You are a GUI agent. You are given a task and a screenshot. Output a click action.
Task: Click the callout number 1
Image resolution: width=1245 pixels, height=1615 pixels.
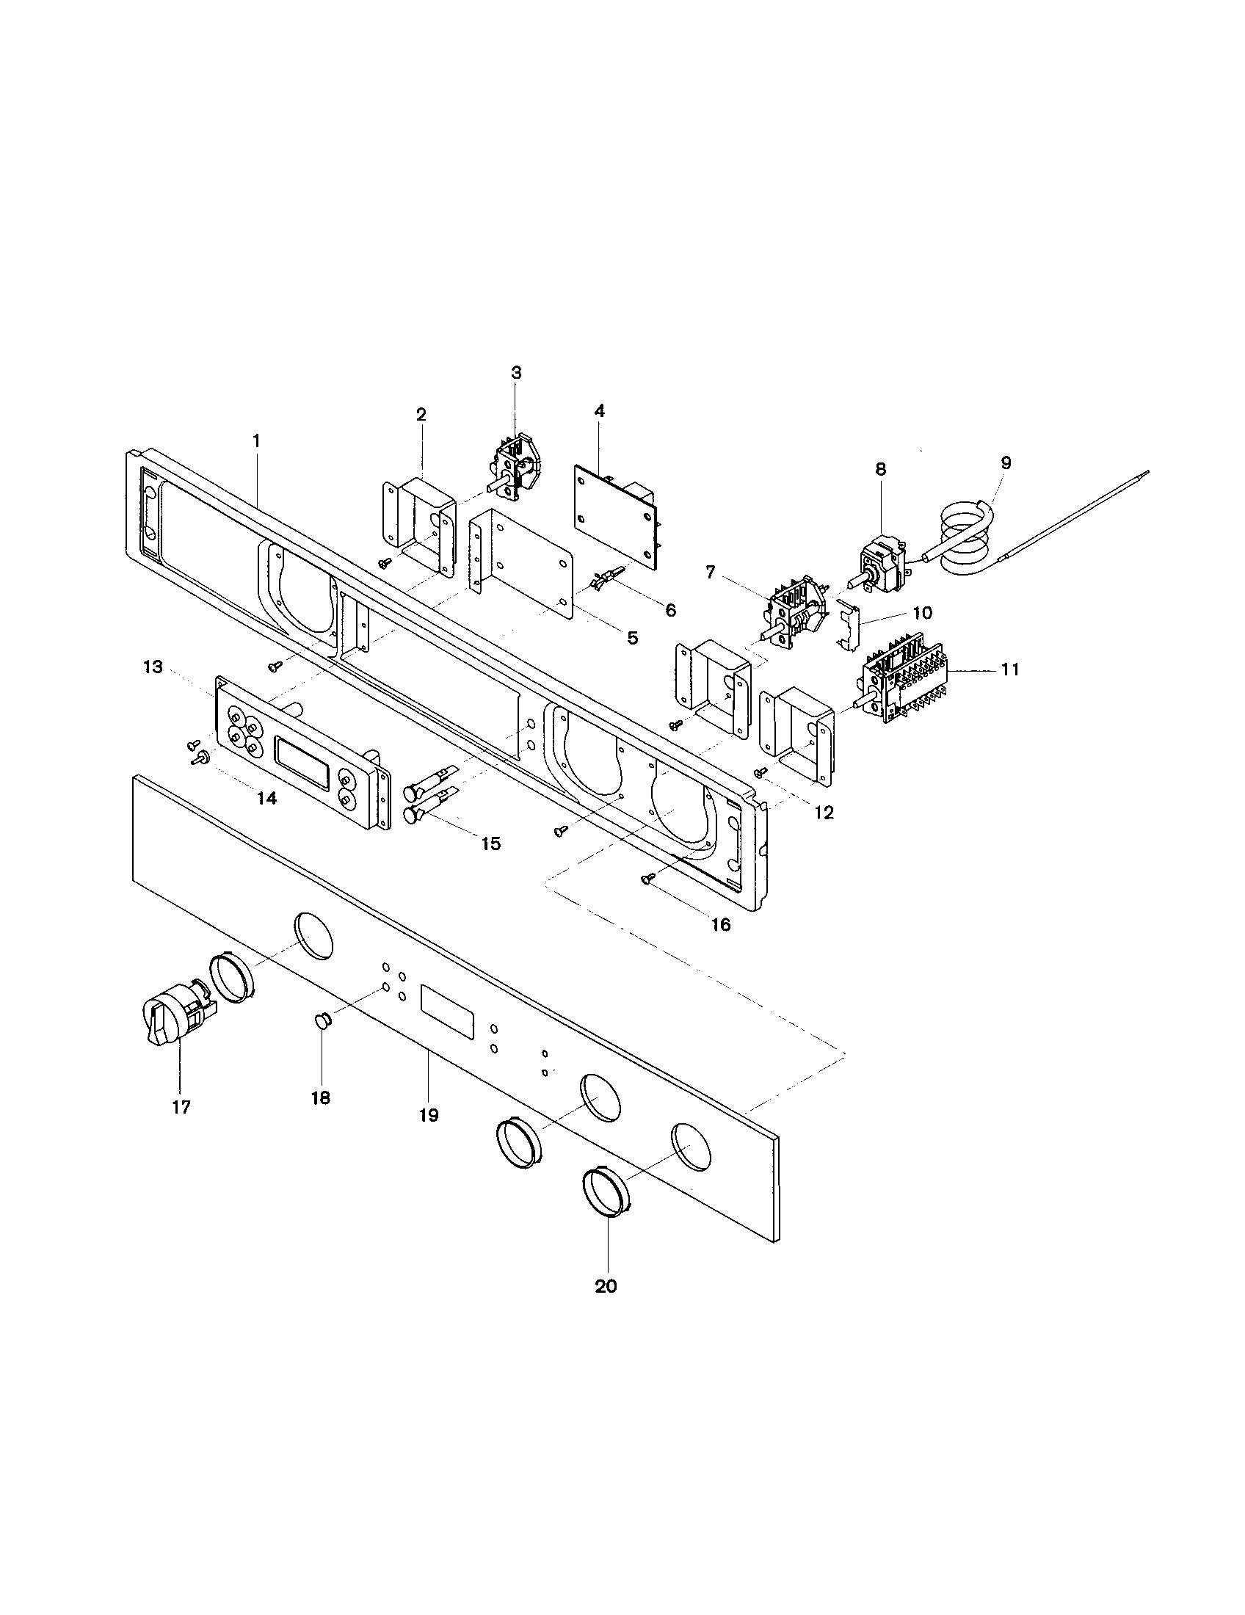click(x=255, y=440)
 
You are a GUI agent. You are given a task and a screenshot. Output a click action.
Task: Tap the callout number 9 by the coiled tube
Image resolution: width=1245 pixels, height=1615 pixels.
click(x=1006, y=463)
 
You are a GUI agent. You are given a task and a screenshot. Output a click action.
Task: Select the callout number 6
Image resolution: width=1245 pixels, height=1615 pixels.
click(x=669, y=610)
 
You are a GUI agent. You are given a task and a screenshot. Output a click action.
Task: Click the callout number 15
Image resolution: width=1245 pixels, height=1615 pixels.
click(x=491, y=843)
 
